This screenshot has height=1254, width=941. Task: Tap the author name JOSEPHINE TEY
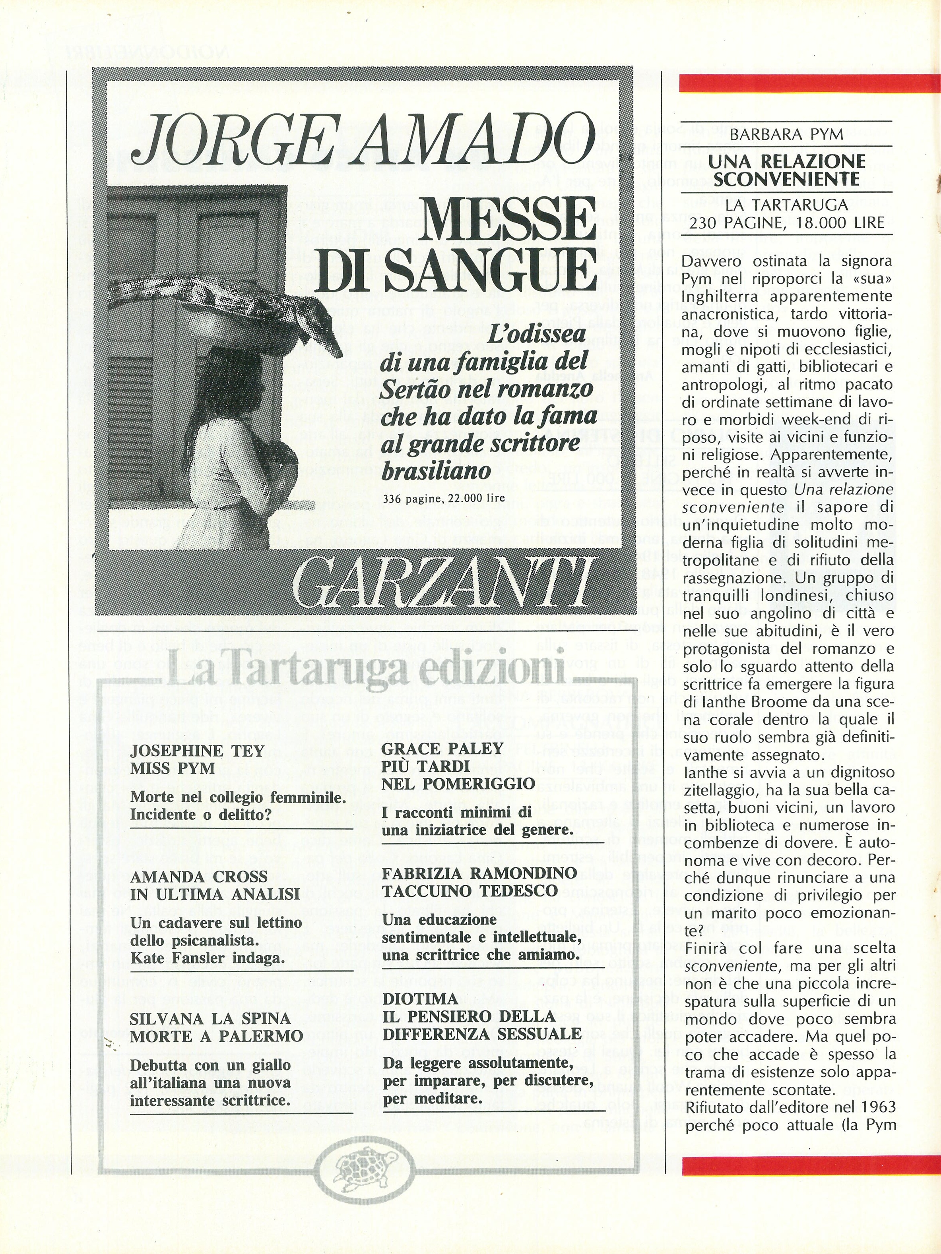pos(197,751)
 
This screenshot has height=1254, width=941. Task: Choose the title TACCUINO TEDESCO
pos(470,890)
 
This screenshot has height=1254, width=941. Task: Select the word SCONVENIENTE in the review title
pos(786,179)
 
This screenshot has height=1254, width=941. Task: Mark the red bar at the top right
pos(809,83)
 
